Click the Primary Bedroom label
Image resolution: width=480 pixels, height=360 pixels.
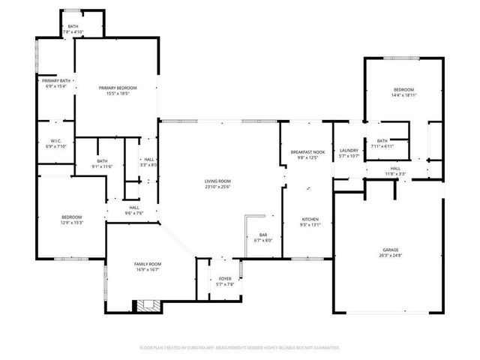(117, 88)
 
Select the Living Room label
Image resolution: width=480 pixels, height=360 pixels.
(217, 181)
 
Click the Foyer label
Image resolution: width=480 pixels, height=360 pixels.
(225, 279)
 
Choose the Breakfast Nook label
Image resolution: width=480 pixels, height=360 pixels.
(307, 152)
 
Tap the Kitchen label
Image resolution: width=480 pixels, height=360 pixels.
(310, 219)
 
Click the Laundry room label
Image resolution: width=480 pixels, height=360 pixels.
(347, 150)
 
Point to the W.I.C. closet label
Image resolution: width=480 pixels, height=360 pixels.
(55, 141)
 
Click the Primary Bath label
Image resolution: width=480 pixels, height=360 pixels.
(56, 81)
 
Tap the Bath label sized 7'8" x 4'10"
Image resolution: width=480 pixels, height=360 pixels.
(73, 27)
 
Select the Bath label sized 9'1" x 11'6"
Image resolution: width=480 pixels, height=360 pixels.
(102, 160)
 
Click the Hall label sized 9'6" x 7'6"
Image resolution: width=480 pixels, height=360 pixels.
(134, 208)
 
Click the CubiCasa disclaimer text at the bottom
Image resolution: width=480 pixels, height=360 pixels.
(240, 347)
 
